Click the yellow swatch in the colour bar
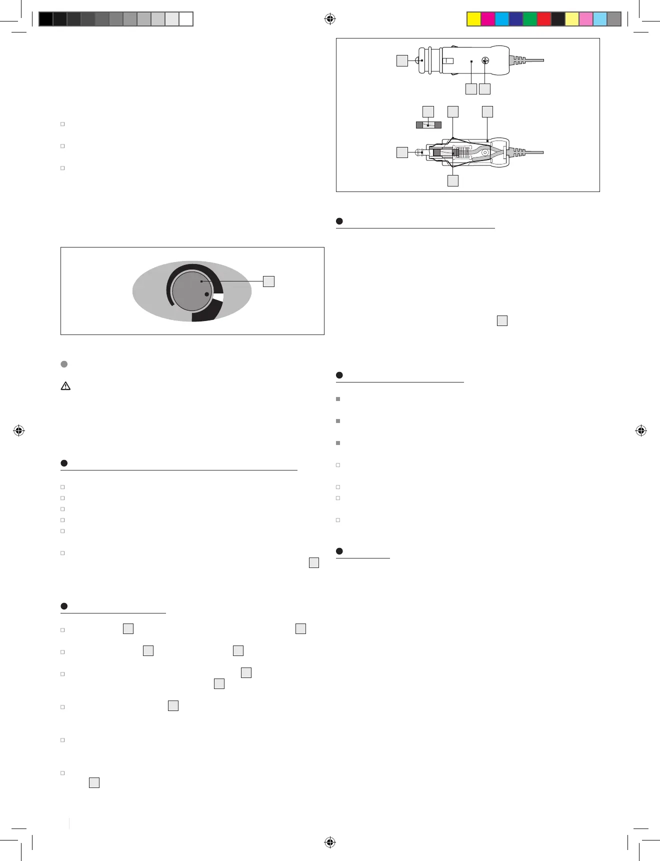pos(473,19)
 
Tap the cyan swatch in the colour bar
pos(501,19)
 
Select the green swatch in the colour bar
pos(529,19)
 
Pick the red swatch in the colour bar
pos(543,19)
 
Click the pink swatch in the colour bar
pos(585,19)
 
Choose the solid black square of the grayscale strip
pos(45,19)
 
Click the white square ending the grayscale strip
pos(186,19)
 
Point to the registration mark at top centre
pos(329,19)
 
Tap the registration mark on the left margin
pos(19,430)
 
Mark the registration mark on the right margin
pos(641,430)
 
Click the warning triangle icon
pos(65,386)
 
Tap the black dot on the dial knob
pos(206,294)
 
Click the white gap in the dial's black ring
pos(218,298)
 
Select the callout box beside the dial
pos(268,281)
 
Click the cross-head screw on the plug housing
pos(485,61)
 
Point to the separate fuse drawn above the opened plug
pos(428,125)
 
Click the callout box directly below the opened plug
pos(452,180)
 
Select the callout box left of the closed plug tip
pos(402,61)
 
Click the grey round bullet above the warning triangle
pos(64,364)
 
